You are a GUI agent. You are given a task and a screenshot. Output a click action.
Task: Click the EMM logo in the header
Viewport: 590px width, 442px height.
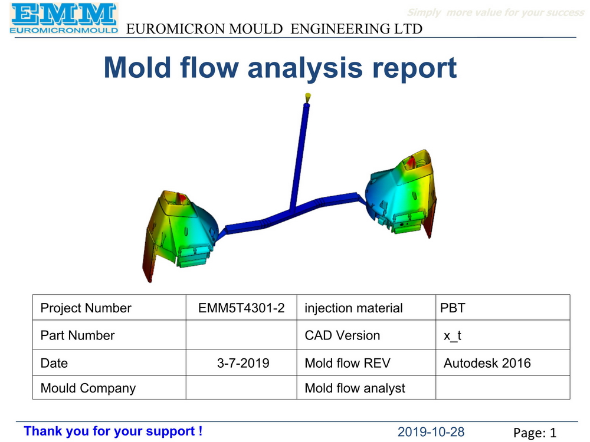click(x=64, y=19)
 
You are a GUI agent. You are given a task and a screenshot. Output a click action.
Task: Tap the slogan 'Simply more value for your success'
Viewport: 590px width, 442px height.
click(x=496, y=12)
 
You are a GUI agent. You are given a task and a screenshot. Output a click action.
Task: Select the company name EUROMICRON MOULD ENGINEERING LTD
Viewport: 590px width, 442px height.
click(x=274, y=29)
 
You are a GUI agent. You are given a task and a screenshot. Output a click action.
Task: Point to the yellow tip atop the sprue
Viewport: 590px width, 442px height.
click(x=307, y=97)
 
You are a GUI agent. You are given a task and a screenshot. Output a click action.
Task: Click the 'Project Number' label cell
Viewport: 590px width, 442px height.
click(x=86, y=308)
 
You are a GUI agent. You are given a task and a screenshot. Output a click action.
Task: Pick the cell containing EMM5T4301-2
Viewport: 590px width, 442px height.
click(x=241, y=308)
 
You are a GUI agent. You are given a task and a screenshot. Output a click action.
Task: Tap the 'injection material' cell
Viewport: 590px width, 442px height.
click(x=353, y=308)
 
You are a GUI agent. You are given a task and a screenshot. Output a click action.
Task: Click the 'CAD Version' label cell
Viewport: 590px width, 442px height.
click(x=342, y=335)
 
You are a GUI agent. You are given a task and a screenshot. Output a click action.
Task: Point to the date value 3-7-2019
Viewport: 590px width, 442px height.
click(x=243, y=363)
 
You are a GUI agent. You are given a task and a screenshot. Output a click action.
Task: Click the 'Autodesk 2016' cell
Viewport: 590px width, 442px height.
click(x=487, y=363)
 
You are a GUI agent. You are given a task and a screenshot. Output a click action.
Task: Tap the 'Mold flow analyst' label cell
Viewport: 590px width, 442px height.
click(x=355, y=388)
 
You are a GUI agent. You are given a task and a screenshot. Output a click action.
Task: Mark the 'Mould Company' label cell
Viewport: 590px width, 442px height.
click(x=88, y=388)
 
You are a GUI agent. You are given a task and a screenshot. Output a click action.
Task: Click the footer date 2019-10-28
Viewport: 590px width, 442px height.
click(x=431, y=432)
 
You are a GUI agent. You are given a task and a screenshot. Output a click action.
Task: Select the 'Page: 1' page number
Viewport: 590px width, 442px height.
click(x=535, y=433)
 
